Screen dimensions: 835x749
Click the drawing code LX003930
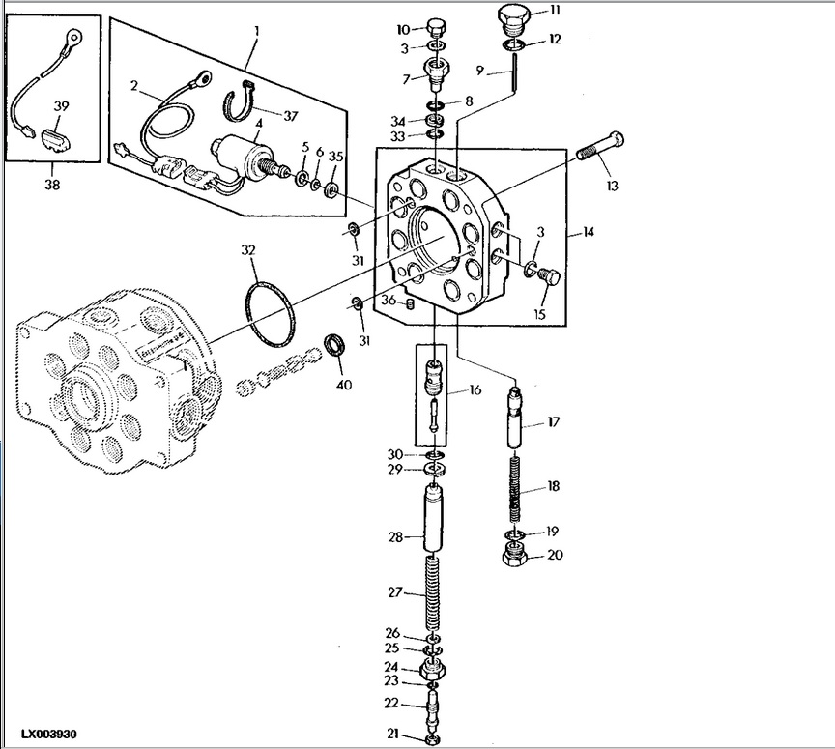(49, 735)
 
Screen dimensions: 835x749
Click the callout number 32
(248, 250)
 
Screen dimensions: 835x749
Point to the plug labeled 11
(513, 16)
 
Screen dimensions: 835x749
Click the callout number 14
(588, 232)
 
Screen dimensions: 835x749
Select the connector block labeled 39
(55, 140)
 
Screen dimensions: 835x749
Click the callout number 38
(52, 185)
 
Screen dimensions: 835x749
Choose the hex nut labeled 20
(515, 556)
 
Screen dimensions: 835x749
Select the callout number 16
(475, 390)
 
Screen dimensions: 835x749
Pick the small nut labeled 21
(433, 740)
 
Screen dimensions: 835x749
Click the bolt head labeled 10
(436, 26)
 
